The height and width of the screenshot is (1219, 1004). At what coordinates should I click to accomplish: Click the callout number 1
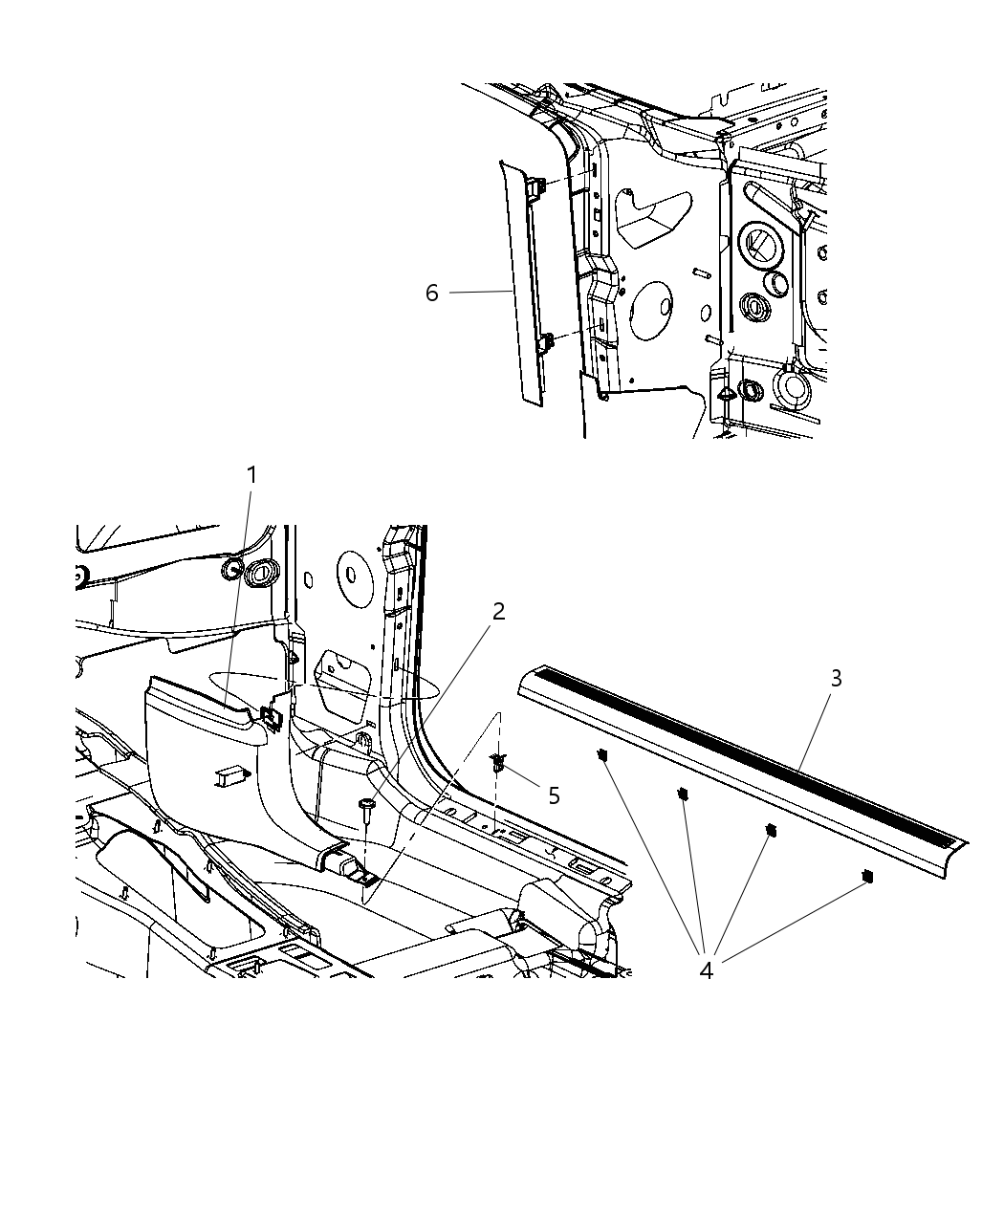coord(251,474)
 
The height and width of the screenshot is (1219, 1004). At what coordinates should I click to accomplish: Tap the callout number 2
coord(498,611)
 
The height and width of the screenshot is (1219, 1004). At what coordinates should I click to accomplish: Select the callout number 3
coord(836,678)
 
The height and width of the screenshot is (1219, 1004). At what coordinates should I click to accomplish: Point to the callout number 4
coord(706,969)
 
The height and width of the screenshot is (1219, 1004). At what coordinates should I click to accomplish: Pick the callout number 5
coord(554,795)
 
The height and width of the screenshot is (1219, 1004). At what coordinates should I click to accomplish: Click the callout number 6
coord(432,293)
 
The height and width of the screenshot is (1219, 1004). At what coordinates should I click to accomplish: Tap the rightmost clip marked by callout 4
coord(866,875)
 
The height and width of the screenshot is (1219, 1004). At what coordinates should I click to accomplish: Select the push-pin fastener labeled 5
coord(498,762)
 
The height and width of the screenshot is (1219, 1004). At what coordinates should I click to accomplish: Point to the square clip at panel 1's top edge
coord(271,715)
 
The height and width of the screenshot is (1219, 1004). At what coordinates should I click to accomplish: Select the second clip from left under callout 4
coord(684,794)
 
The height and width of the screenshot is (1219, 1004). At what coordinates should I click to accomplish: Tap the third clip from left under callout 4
coord(771,830)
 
